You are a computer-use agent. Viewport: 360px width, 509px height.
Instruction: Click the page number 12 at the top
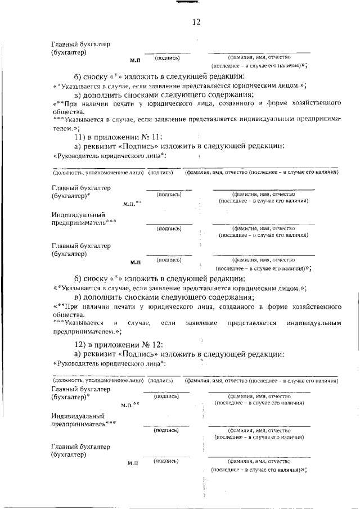tap(196, 22)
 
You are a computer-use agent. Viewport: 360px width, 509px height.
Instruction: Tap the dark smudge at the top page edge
tap(184, 3)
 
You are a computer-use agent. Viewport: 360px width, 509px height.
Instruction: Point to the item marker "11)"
tap(82, 137)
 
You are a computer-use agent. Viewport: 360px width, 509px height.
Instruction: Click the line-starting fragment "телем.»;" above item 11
tap(64, 128)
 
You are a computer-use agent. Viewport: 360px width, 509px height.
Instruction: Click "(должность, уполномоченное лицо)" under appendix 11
tap(98, 173)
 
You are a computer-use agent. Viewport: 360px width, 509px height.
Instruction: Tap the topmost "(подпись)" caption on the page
tap(167, 57)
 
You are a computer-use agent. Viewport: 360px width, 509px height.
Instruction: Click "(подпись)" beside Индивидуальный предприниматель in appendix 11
tap(169, 229)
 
